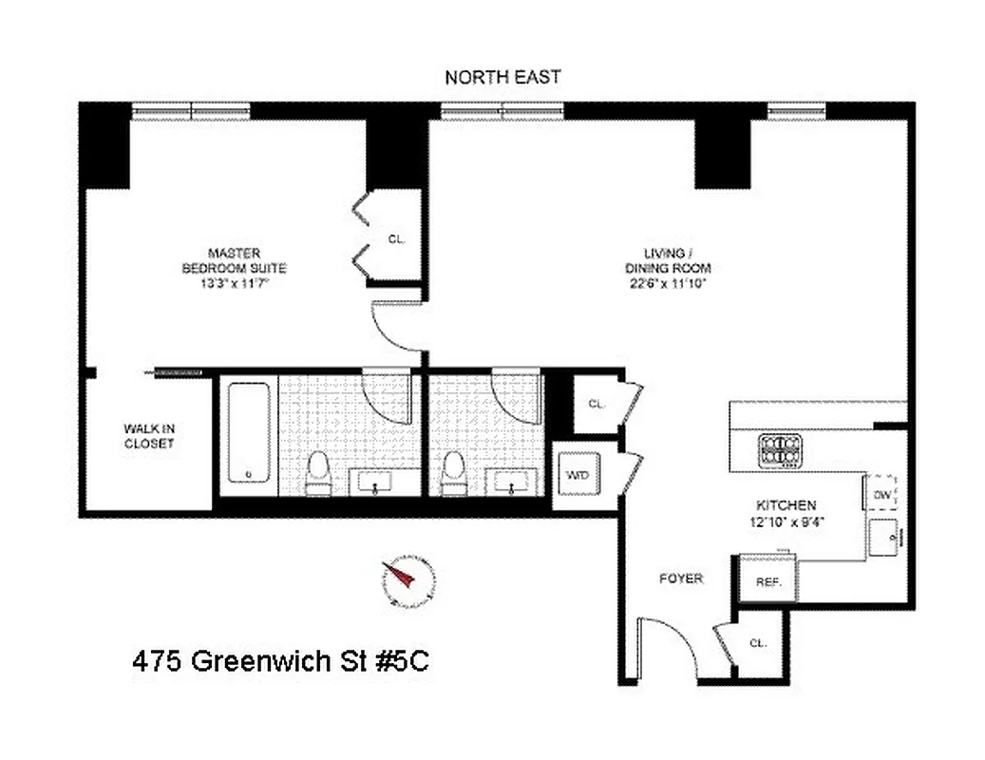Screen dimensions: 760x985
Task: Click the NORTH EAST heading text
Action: click(x=502, y=77)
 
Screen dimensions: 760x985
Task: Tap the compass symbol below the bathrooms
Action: click(x=408, y=579)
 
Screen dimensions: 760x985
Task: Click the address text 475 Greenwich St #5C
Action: click(x=280, y=661)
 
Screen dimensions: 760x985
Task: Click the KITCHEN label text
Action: click(x=785, y=513)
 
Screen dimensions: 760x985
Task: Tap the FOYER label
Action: click(x=681, y=578)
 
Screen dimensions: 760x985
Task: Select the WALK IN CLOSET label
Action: click(x=149, y=436)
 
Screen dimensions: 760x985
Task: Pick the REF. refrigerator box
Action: click(x=767, y=581)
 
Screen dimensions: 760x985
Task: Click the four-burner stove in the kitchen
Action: click(x=778, y=451)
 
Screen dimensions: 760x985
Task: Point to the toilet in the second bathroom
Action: click(x=454, y=472)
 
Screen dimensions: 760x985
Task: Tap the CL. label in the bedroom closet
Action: click(x=396, y=239)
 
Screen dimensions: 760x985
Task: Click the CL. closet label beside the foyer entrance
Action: click(x=758, y=643)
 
